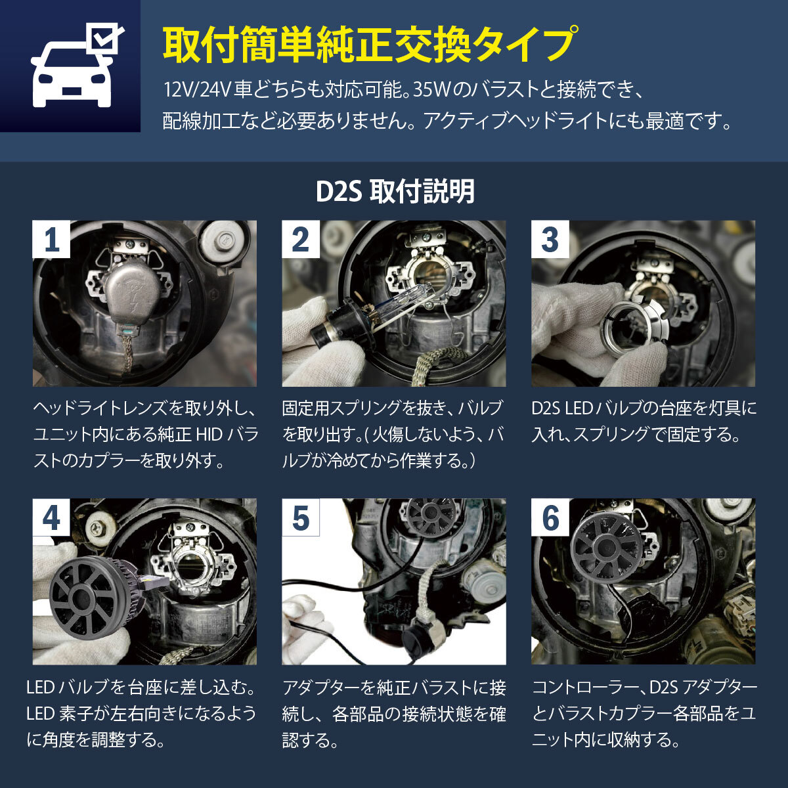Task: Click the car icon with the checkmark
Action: [x=70, y=66]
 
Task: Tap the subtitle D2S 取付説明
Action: [x=394, y=192]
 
